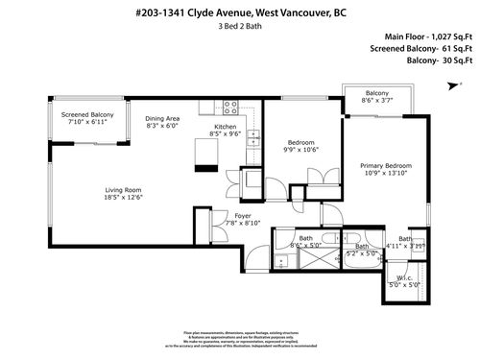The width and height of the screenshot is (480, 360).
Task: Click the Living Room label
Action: coord(123,189)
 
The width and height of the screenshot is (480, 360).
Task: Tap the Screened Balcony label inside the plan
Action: coord(88,115)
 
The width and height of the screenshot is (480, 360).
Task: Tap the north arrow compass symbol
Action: coord(449,85)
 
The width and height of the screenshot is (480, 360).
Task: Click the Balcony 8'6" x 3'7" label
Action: coord(376,96)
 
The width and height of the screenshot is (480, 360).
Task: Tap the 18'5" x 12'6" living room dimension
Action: coord(123,197)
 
